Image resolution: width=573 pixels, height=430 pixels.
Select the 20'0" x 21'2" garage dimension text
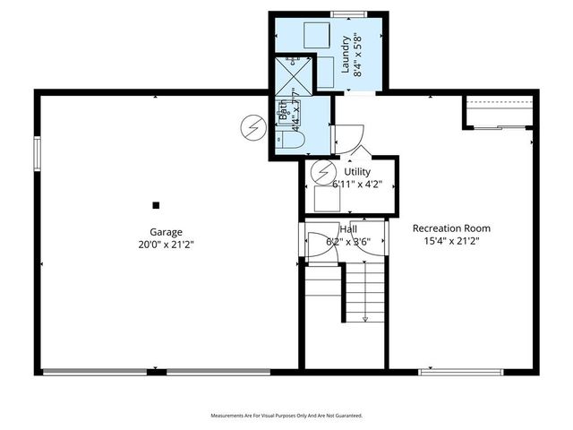[x=166, y=244]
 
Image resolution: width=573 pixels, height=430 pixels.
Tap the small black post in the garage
[x=156, y=204]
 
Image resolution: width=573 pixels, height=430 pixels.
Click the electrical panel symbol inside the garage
[x=252, y=128]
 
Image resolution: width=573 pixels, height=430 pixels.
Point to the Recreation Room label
[x=451, y=228]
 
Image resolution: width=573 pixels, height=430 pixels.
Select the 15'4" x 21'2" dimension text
[x=451, y=241]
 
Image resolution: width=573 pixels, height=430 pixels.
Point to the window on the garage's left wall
[x=38, y=152]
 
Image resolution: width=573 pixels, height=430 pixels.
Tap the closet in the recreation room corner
[x=499, y=112]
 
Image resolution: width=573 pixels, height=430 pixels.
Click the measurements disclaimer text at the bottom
[x=286, y=416]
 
